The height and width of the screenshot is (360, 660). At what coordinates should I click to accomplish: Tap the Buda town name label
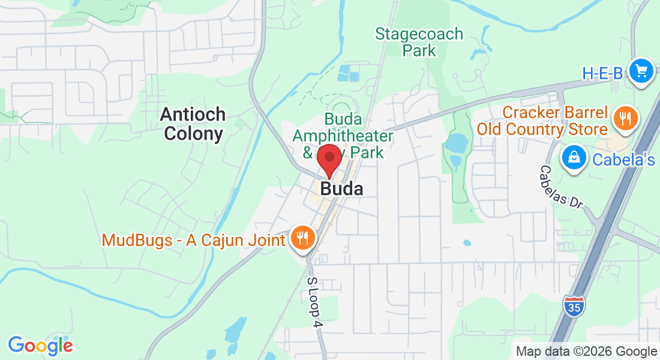pyautogui.click(x=341, y=189)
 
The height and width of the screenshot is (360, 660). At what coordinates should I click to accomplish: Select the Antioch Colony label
pyautogui.click(x=193, y=124)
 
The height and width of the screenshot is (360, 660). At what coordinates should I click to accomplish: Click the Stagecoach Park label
pyautogui.click(x=419, y=42)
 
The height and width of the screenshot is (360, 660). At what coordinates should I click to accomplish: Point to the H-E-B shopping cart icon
pyautogui.click(x=641, y=71)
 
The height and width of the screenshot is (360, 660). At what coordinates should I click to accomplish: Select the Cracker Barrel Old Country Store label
pyautogui.click(x=542, y=121)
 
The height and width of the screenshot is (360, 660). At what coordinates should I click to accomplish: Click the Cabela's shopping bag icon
pyautogui.click(x=574, y=158)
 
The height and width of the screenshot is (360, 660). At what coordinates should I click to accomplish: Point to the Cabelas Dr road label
pyautogui.click(x=561, y=187)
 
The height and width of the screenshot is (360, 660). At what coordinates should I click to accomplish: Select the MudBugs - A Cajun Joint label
pyautogui.click(x=193, y=240)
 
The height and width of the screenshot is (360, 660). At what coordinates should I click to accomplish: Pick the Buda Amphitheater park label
pyautogui.click(x=343, y=136)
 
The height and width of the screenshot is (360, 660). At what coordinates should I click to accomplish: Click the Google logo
pyautogui.click(x=40, y=346)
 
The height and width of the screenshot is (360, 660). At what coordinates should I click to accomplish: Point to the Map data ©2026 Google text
pyautogui.click(x=586, y=352)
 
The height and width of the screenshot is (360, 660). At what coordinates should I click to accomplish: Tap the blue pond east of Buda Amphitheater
pyautogui.click(x=454, y=143)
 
